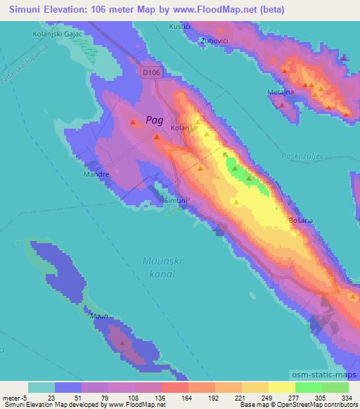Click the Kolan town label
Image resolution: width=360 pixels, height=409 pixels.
[x=181, y=129]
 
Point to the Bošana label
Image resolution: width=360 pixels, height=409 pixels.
[x=301, y=221]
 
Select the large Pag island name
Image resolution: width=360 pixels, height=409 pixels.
[x=155, y=120]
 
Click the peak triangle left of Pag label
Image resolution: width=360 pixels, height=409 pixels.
[x=134, y=123]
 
